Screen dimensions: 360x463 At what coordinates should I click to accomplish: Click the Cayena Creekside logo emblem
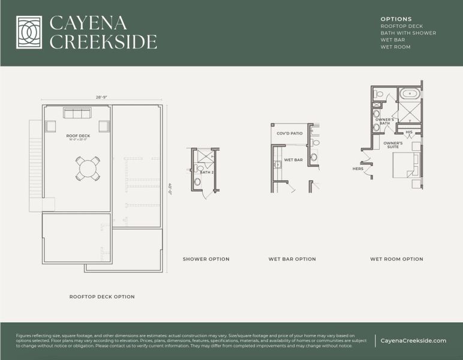click(x=29, y=32)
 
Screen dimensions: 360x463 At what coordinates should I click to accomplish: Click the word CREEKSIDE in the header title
click(x=103, y=42)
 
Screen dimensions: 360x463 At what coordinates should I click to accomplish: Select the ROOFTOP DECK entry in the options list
click(x=401, y=26)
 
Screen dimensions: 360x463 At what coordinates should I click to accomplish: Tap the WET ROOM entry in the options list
click(x=395, y=47)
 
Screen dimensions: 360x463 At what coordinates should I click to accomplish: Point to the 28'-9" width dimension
click(x=101, y=97)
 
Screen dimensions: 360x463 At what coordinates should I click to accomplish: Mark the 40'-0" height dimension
click(x=170, y=188)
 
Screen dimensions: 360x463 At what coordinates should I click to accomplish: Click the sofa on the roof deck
click(x=77, y=113)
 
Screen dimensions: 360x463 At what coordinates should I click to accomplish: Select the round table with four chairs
click(x=88, y=168)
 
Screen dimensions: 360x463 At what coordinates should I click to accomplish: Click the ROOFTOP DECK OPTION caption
click(x=101, y=296)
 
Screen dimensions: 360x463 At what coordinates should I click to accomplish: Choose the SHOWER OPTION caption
click(x=206, y=259)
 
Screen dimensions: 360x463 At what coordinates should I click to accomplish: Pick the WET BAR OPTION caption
click(x=292, y=259)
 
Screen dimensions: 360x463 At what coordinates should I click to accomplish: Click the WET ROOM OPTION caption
click(x=396, y=259)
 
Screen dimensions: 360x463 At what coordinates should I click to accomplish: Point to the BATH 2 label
click(x=206, y=173)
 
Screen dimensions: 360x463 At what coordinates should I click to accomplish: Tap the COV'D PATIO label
click(x=290, y=133)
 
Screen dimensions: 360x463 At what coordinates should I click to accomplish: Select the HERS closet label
click(x=358, y=169)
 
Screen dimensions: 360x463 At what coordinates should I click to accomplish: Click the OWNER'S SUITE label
click(x=393, y=145)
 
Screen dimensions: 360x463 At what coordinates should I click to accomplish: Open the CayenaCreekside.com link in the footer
click(x=413, y=341)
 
